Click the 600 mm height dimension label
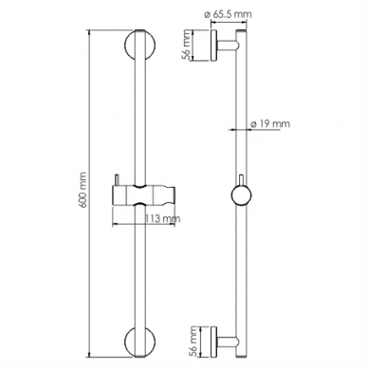point(83,190)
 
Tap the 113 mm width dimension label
point(162,218)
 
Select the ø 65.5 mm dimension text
point(228,14)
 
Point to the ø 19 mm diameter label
point(270,123)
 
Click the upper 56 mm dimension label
point(187,45)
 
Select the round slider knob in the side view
point(241,196)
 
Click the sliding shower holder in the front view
point(144,195)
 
